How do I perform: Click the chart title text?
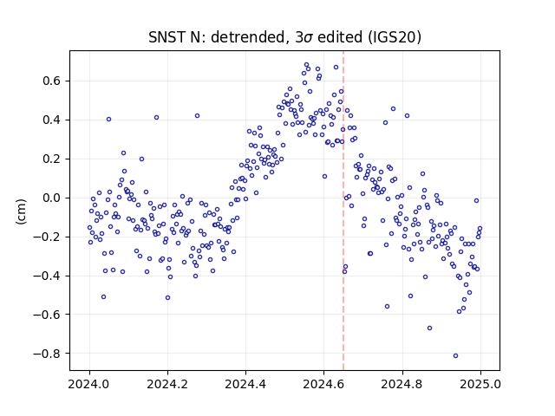click(284, 37)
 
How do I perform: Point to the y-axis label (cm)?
click(21, 211)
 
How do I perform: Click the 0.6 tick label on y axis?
click(52, 81)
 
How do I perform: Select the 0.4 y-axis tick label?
click(52, 120)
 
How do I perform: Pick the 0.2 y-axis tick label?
click(52, 159)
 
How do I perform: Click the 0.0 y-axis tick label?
click(52, 198)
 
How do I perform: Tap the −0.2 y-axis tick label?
click(47, 237)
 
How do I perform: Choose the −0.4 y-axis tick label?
click(47, 276)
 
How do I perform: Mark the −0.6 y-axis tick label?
click(47, 314)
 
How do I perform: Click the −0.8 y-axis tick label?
click(47, 353)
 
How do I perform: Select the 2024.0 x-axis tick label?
click(89, 384)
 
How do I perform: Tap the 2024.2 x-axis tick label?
click(167, 384)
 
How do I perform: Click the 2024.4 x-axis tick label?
click(245, 384)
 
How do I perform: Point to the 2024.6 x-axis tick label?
click(323, 384)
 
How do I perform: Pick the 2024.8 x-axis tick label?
click(402, 384)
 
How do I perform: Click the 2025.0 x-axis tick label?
click(480, 384)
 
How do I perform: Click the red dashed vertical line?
click(343, 211)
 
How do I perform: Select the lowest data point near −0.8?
click(455, 355)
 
